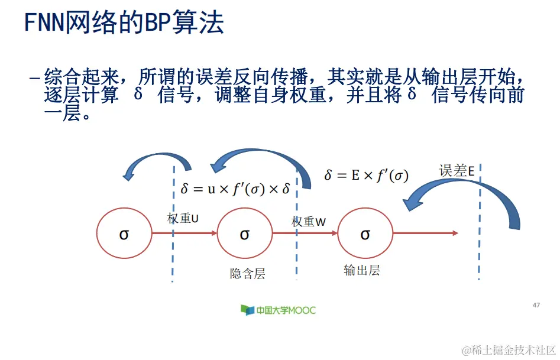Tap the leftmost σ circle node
click(124, 234)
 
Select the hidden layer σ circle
click(245, 234)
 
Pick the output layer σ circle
click(365, 234)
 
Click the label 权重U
click(183, 218)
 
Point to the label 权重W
click(309, 222)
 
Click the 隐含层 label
click(247, 274)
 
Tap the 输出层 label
click(361, 271)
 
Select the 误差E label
click(457, 171)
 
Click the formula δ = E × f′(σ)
click(367, 176)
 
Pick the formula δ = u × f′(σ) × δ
click(235, 189)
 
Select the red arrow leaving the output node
click(426, 233)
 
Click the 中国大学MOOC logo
click(278, 310)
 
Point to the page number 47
click(536, 305)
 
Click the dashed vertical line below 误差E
click(478, 248)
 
